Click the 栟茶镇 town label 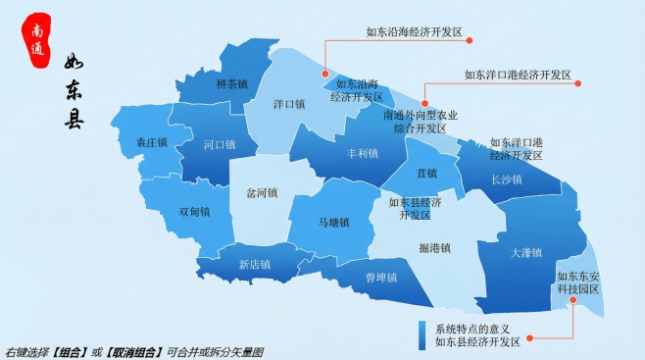[231, 83]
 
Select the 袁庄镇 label [152, 143]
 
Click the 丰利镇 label [363, 154]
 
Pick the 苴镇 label [426, 174]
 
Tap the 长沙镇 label [506, 180]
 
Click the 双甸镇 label [195, 212]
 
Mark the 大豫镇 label [526, 253]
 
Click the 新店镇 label [255, 264]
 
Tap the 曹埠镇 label [381, 278]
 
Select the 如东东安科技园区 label [578, 283]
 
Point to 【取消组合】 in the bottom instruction [134, 352]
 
